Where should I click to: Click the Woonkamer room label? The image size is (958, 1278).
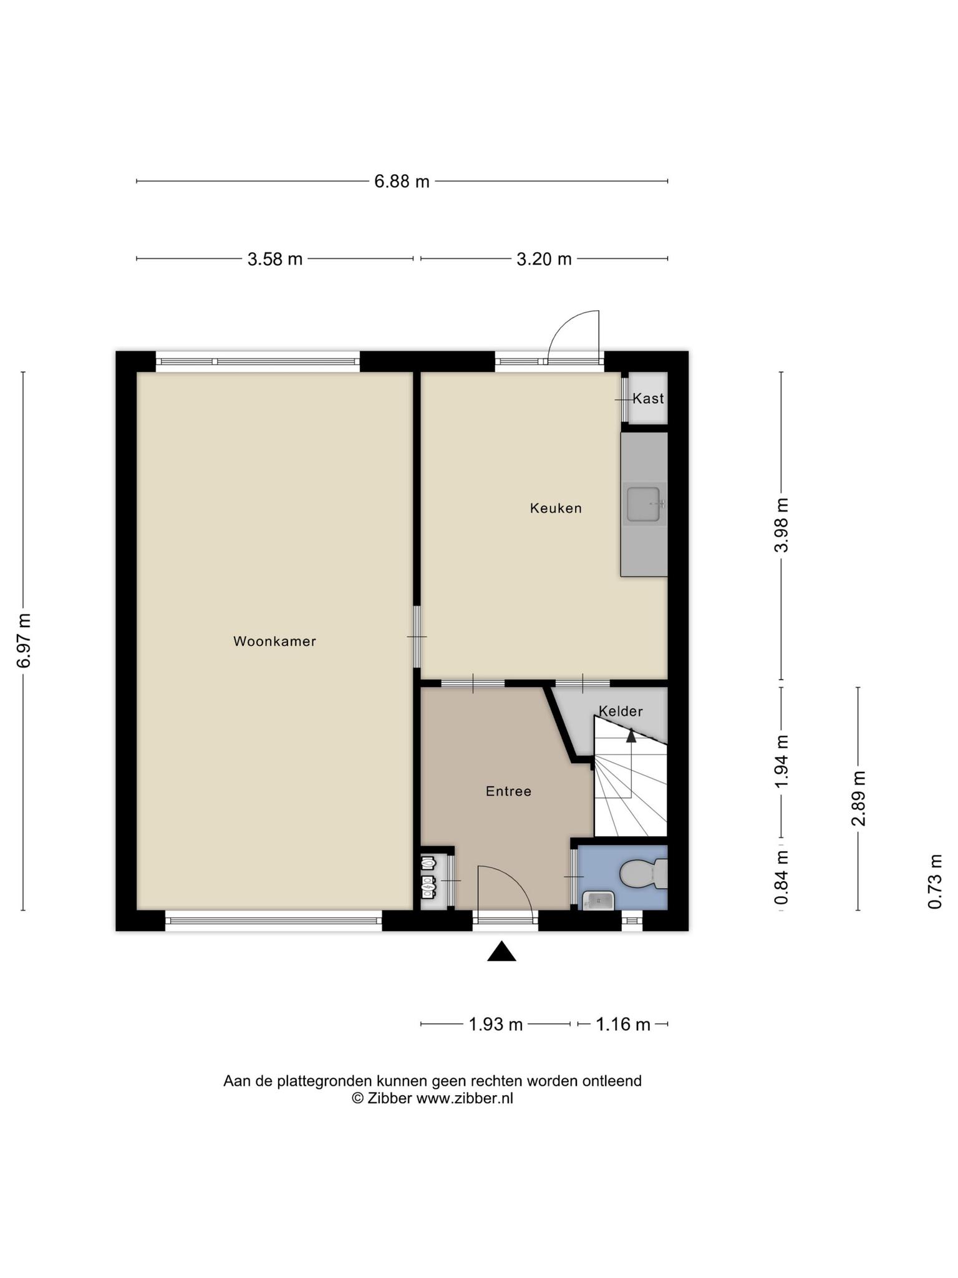[x=274, y=641]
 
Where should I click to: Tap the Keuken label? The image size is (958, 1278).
[x=556, y=508]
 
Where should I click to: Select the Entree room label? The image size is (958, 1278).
[x=508, y=791]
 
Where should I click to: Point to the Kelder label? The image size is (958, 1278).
[x=621, y=711]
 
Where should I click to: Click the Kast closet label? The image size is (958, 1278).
[x=648, y=398]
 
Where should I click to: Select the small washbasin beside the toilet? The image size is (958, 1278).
[x=598, y=900]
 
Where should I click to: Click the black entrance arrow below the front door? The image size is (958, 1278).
[x=501, y=952]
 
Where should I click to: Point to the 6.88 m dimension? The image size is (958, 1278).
[x=402, y=182]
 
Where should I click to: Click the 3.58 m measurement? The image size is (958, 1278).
[x=275, y=258]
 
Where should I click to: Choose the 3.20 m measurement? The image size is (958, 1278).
[x=544, y=258]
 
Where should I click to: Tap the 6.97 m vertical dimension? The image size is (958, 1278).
[x=24, y=641]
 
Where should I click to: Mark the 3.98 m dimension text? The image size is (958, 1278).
[x=781, y=525]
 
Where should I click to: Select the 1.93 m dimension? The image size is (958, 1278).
[x=495, y=1024]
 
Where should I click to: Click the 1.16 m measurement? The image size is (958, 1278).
[x=623, y=1024]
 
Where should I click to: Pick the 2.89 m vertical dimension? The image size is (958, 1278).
[x=858, y=798]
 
